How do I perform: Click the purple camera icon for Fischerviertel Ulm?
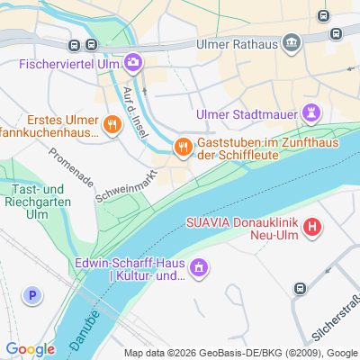tap(133, 61)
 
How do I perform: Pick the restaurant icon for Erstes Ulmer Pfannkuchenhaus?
tap(112, 125)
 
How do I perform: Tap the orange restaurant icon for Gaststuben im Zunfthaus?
tap(182, 145)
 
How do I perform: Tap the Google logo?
tap(30, 348)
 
